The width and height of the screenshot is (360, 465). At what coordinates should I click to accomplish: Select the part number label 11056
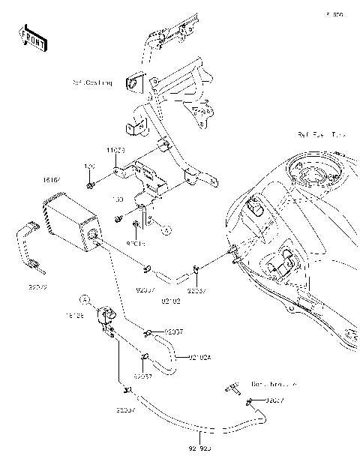coord(115,151)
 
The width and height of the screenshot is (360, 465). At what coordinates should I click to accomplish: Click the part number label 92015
coord(135,243)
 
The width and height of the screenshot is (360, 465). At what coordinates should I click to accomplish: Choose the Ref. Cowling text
coord(92,82)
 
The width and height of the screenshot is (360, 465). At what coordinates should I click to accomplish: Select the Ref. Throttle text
coord(272,383)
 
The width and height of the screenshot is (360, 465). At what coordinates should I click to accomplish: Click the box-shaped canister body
coord(69,226)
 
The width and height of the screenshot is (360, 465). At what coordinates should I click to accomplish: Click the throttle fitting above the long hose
coord(229,388)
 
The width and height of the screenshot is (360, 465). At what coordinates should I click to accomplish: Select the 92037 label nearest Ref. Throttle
coord(277,400)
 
